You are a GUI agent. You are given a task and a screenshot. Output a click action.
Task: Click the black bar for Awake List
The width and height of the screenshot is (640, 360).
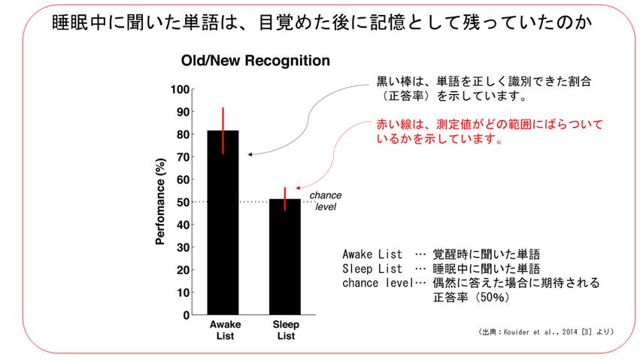coord(223,225)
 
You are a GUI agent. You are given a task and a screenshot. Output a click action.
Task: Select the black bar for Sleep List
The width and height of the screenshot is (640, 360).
coord(285,259)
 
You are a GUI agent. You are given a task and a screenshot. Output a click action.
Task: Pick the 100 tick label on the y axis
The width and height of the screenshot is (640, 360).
coord(180,89)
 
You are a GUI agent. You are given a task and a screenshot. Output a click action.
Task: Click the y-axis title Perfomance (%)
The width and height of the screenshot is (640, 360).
coord(160,201)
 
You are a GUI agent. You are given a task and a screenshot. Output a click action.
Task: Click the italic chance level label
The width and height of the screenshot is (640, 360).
coord(326,201)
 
